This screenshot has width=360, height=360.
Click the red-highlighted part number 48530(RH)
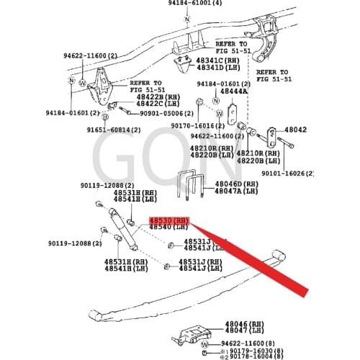[x=168, y=220]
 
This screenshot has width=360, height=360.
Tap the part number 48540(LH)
[x=168, y=228]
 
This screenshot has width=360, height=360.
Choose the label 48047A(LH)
[x=237, y=191]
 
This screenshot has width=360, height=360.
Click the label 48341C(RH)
[x=220, y=60]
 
